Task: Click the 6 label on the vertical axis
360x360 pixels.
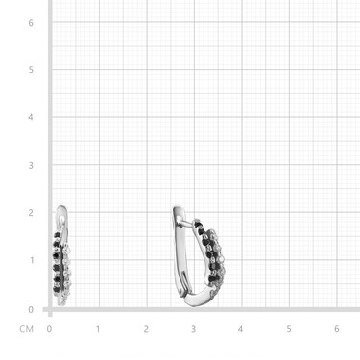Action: [x=31, y=23]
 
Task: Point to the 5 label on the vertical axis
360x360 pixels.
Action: [x=31, y=70]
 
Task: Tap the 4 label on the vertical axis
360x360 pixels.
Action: [x=31, y=117]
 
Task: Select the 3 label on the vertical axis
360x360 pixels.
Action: [x=31, y=165]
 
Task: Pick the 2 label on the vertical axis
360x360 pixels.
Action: [x=31, y=213]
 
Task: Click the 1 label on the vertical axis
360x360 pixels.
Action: [x=32, y=260]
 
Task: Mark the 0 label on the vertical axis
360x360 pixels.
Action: [x=31, y=309]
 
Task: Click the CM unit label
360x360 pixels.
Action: [x=26, y=329]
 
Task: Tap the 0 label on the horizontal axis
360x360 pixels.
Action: [x=49, y=329]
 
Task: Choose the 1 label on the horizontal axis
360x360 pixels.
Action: [x=98, y=329]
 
